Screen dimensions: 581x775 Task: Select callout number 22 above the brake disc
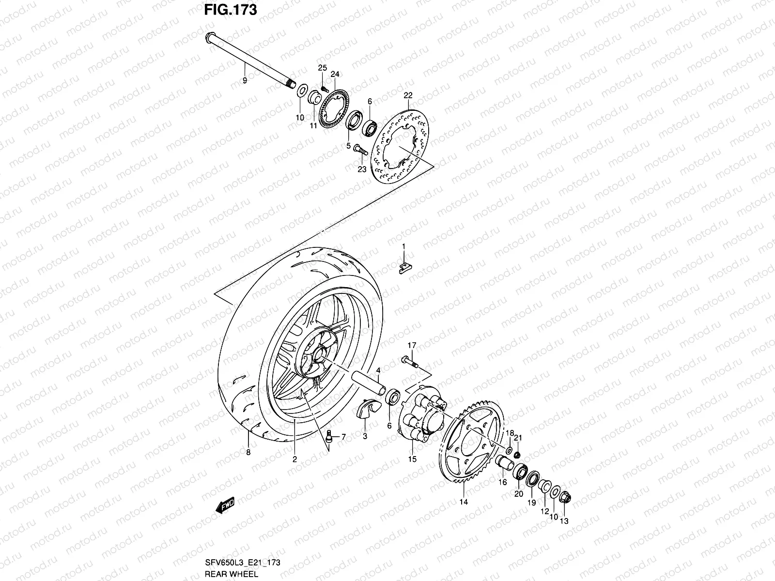(x=407, y=95)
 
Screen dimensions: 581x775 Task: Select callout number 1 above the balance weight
(x=403, y=247)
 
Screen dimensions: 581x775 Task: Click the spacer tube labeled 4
(x=369, y=383)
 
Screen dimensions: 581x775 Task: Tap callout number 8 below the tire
(x=248, y=453)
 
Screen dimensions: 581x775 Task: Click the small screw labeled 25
(x=325, y=88)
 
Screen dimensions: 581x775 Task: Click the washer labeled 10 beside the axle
(x=301, y=91)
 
